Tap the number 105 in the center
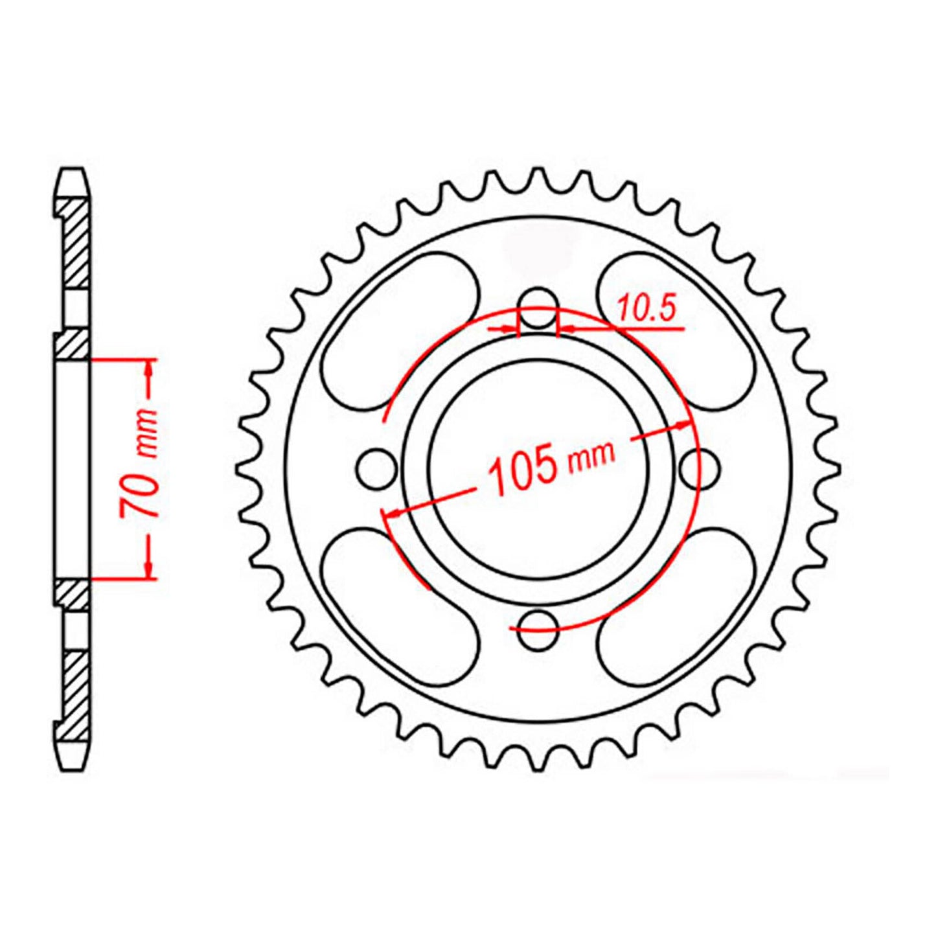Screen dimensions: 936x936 [524, 467]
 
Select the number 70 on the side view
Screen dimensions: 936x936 [137, 493]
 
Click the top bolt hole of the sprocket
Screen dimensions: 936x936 [538, 307]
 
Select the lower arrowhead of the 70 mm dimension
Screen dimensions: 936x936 [149, 569]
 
